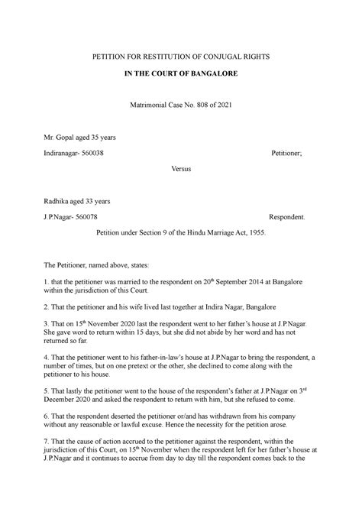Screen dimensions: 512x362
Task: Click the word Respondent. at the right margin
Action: point(288,217)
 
